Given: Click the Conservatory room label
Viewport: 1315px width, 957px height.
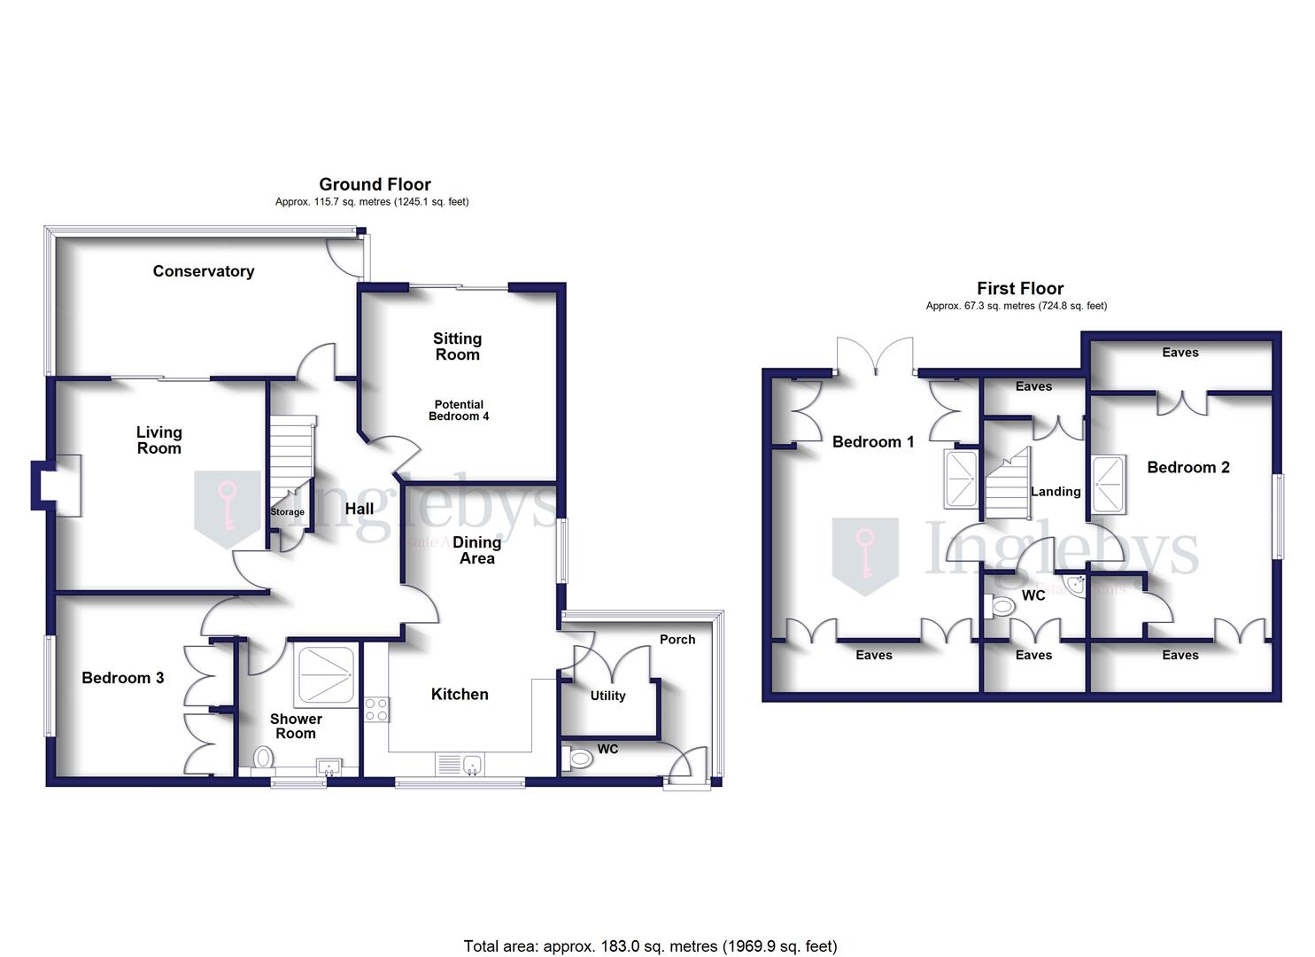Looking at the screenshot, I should coord(203,271).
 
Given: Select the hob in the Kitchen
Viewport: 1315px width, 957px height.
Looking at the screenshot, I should coord(376,710).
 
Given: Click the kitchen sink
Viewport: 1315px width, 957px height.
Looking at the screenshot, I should coord(460,764).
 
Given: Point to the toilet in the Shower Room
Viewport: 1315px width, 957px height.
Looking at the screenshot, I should coord(263,759).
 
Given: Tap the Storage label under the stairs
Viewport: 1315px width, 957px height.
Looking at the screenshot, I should coord(287,512).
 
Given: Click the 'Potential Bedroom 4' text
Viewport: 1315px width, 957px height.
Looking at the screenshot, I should coord(459,410).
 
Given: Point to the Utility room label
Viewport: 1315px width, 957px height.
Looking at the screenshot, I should coord(607,696).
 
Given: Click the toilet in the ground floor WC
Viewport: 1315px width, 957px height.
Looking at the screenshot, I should coord(577,759).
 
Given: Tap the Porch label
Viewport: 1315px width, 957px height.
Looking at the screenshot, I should coord(677,639).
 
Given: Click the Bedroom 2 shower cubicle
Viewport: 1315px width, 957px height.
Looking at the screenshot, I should coord(1108,484).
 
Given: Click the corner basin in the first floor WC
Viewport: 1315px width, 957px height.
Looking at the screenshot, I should coord(1078,585).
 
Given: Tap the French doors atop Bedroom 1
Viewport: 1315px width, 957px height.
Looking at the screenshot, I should coord(875,356).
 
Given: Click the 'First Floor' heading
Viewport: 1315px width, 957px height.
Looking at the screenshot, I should coord(1020,288).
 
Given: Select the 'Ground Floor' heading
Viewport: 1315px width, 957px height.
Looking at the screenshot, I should coord(375,184).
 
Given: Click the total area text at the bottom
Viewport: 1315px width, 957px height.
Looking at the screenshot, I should coord(650,946).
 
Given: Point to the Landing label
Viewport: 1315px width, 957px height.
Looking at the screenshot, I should coord(1056,492).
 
